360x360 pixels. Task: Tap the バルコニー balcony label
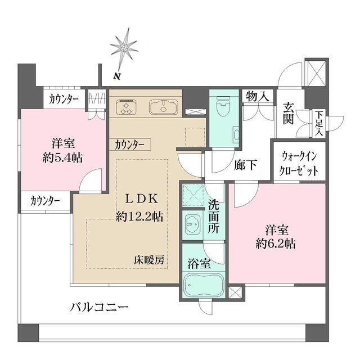pos(100,308)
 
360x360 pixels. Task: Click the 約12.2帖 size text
pos(140,216)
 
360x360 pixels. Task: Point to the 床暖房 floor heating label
pos(149,260)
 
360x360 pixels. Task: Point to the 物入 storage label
pos(257,97)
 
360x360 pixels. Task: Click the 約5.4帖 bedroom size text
pos(62,158)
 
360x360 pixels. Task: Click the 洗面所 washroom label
pos(214,216)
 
